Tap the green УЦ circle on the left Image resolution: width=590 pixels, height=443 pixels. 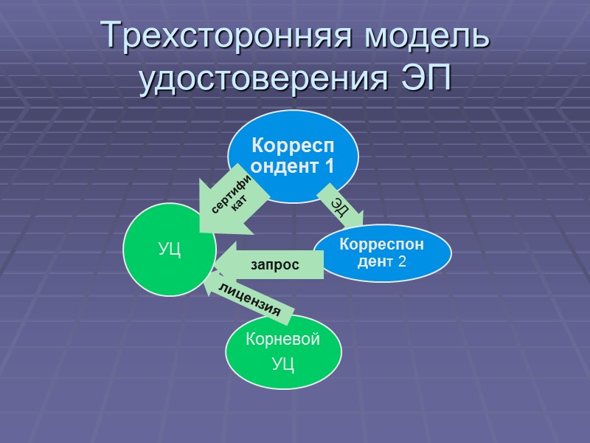tap(168, 250)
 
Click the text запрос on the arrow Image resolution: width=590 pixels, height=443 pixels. tap(275, 264)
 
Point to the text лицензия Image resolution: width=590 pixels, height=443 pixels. tap(249, 301)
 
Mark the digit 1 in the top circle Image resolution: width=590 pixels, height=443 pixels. tap(327, 166)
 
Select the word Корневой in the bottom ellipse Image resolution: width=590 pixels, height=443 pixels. tap(284, 340)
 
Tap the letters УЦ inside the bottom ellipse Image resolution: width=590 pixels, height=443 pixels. tap(284, 363)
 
